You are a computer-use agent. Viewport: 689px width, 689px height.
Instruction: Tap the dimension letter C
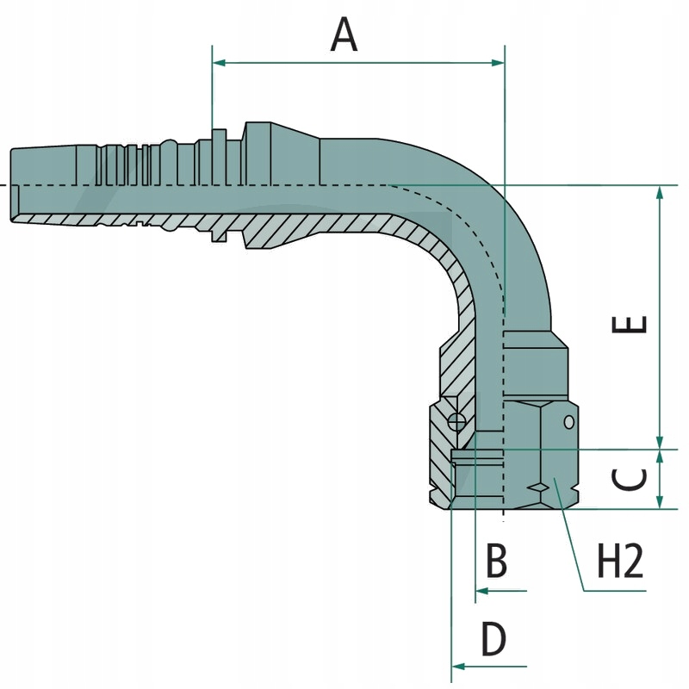click(x=634, y=479)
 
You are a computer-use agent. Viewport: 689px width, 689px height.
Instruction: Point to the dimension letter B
click(x=496, y=562)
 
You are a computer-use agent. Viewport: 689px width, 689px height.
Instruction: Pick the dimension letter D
click(x=494, y=640)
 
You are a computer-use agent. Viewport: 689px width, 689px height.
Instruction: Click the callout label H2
click(x=621, y=563)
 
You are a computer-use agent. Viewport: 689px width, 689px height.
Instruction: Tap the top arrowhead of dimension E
click(x=660, y=192)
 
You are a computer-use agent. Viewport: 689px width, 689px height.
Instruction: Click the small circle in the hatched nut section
click(x=456, y=421)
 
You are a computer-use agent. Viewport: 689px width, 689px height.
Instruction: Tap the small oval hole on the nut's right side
click(x=568, y=421)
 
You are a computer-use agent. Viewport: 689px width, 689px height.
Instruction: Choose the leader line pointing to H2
click(x=573, y=543)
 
